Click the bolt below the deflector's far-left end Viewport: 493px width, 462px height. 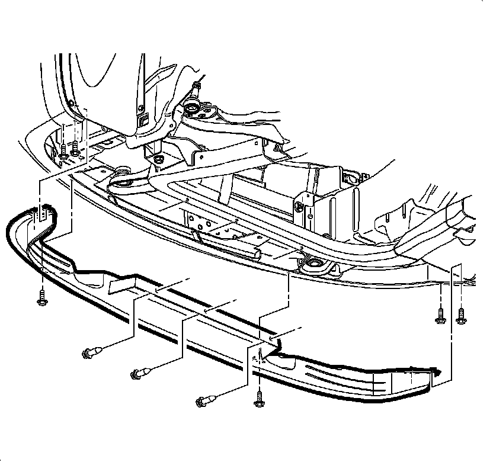coord(42,298)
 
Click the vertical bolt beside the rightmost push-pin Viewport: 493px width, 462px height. coord(259,398)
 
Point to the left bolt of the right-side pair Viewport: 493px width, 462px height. coord(440,316)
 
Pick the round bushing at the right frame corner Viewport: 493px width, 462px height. coord(312,265)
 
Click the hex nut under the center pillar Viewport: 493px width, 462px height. coord(157,159)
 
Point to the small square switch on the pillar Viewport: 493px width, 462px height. coord(144,122)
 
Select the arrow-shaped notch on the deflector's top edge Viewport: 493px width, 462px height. coord(123,284)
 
